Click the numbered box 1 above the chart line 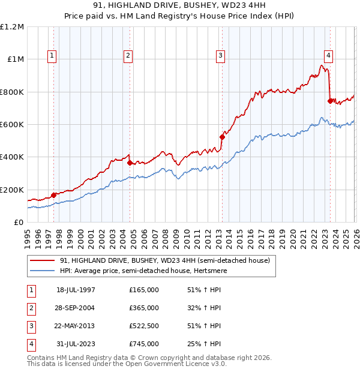[x=53, y=56]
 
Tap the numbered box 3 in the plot [x=220, y=56]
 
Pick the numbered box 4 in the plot [x=329, y=56]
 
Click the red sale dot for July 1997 [x=54, y=195]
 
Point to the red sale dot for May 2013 [x=222, y=137]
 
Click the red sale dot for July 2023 [x=330, y=101]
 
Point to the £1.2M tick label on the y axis [x=12, y=27]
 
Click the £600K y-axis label [x=12, y=125]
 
